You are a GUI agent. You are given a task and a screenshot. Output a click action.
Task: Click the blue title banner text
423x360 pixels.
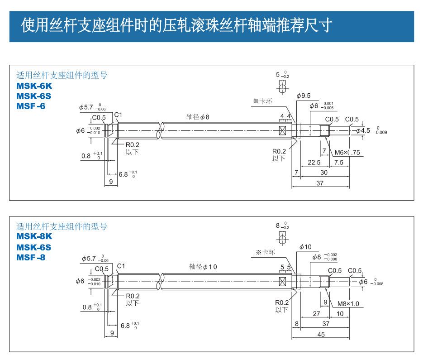(x=176, y=25)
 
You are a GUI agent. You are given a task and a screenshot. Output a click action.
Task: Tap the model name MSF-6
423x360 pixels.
(x=31, y=106)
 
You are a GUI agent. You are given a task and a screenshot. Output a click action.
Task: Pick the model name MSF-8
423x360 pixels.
(x=31, y=257)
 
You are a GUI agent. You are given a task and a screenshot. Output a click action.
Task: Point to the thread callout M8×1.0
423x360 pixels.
(x=348, y=303)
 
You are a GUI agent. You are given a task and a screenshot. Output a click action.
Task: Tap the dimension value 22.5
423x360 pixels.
(x=314, y=163)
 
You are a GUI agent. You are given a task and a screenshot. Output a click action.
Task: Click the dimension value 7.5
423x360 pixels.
(x=338, y=163)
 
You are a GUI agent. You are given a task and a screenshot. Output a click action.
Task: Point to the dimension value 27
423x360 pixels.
(x=316, y=313)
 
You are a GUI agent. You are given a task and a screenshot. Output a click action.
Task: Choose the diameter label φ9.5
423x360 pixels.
(x=304, y=96)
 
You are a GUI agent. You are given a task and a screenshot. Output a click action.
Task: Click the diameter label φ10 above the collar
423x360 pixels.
(x=306, y=247)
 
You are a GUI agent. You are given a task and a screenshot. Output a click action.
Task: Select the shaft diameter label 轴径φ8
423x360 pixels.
(x=198, y=116)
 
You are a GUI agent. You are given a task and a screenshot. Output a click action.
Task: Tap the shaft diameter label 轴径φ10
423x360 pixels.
(x=203, y=267)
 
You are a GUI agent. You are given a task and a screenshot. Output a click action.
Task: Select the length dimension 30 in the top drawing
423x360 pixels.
(x=324, y=173)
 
